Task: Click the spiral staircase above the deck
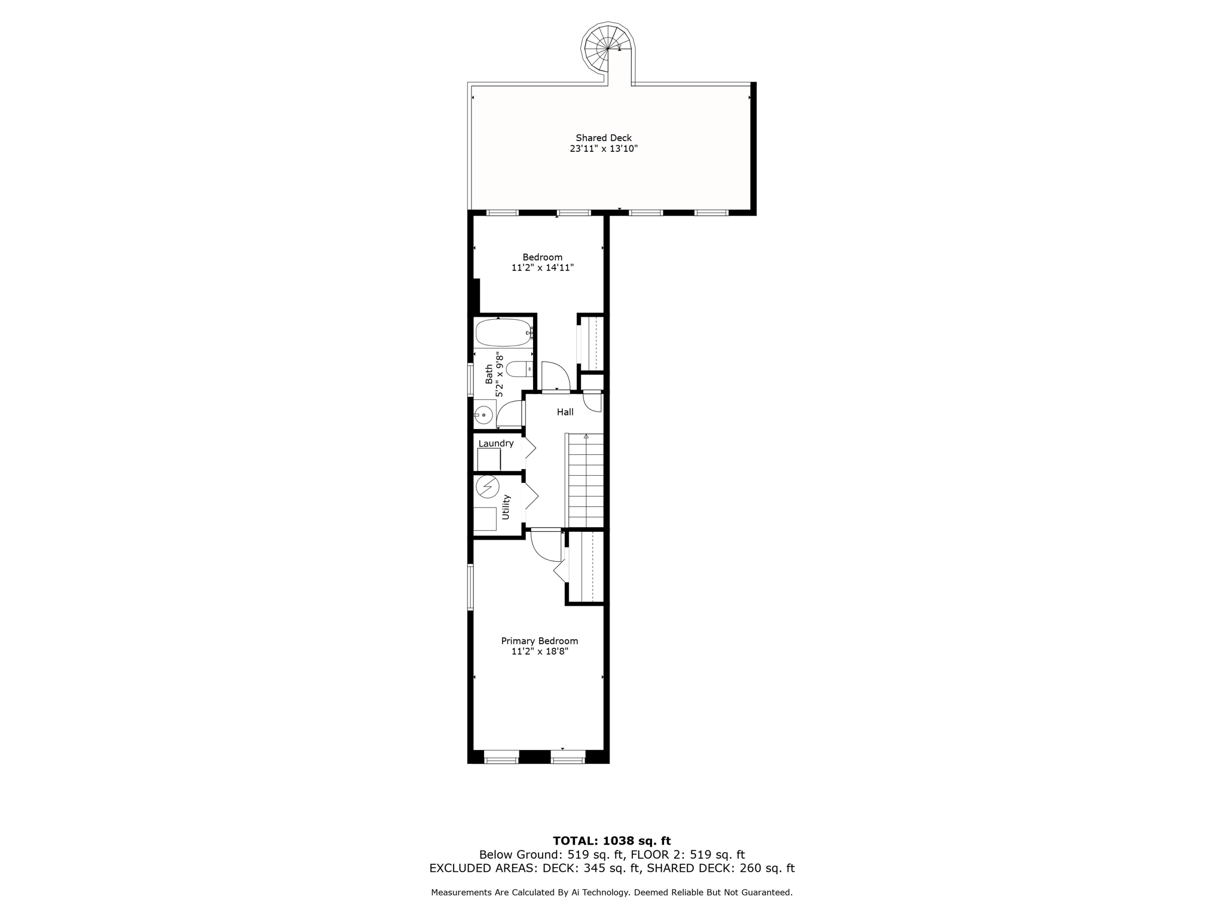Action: [x=607, y=47]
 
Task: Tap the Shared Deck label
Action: [x=604, y=138]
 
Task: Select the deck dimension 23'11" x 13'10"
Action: [x=604, y=149]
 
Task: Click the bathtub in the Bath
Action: [x=503, y=333]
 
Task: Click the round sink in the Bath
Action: [x=484, y=414]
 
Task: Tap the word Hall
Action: [x=565, y=412]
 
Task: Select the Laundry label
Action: [x=496, y=443]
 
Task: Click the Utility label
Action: [x=506, y=507]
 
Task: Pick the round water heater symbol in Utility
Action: [x=488, y=487]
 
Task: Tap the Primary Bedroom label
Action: [x=539, y=641]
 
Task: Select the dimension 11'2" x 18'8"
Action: [x=539, y=651]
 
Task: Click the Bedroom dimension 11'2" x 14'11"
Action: [x=542, y=268]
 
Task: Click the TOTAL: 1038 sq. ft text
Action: [x=611, y=841]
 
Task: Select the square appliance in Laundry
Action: [x=489, y=460]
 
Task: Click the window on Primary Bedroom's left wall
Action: [x=470, y=587]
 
